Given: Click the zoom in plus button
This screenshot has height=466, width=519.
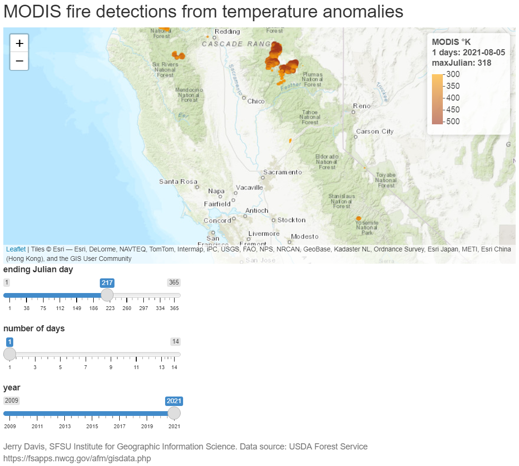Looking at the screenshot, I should click(x=19, y=43).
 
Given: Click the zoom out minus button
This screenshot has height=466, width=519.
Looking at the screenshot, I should click(x=19, y=61).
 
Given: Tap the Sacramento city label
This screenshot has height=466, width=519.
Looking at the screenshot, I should click(x=282, y=172).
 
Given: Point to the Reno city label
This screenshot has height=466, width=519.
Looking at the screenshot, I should click(x=362, y=106).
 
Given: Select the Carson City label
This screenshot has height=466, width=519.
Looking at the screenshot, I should click(x=375, y=131).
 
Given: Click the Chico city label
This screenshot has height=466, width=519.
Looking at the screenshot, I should click(x=256, y=101).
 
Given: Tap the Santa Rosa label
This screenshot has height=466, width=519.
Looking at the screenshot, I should click(x=178, y=181).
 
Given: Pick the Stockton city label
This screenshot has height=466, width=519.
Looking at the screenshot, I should click(x=291, y=220).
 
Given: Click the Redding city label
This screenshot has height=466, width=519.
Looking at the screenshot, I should click(x=228, y=32).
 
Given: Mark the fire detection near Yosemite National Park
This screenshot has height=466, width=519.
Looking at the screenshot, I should click(x=358, y=218).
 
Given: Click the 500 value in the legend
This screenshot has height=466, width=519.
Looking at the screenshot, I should click(x=453, y=121).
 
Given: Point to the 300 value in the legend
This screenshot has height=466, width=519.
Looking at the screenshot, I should click(x=453, y=74).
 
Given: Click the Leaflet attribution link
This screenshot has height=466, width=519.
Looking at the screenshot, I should click(x=16, y=249).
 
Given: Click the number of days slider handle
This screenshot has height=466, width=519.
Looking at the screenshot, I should click(x=9, y=354).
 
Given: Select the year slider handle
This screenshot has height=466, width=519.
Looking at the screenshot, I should click(x=174, y=413).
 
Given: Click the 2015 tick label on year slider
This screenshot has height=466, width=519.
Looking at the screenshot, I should click(x=92, y=427).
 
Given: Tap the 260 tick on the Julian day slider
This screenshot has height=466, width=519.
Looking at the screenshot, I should click(x=126, y=308).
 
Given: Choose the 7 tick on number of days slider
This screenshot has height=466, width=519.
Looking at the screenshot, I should click(x=86, y=367).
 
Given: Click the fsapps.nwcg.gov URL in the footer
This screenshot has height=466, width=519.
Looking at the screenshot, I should click(x=77, y=458).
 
